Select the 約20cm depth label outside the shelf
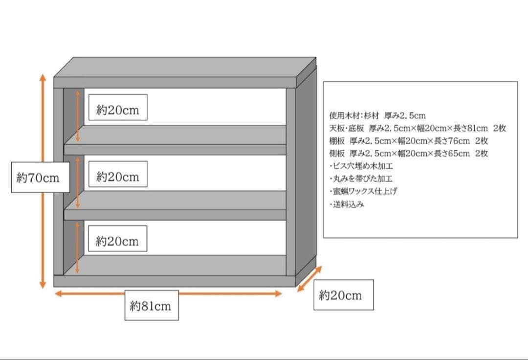(343, 294)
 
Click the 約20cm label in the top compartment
(118, 110)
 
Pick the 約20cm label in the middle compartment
(118, 176)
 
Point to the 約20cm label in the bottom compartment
(118, 241)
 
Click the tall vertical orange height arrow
(43, 122)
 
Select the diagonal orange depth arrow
(310, 278)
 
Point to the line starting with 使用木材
(377, 116)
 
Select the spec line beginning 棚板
(408, 141)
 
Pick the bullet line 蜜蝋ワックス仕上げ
(363, 192)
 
